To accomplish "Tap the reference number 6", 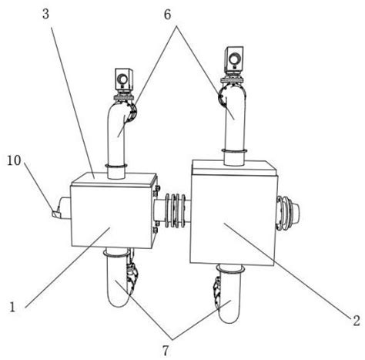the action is pos(168,15).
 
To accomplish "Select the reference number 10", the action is pos(14,161).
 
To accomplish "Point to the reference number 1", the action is pos(12,307).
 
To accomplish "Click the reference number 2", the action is pos(357,321).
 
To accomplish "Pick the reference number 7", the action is pos(166,351).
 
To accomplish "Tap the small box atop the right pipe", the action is pos(233,59).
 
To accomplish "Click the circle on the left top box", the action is pos(122,77).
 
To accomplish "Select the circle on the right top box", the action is pos(233,58).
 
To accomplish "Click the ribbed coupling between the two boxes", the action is pos(176,211).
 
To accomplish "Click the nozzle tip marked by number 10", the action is pos(55,213).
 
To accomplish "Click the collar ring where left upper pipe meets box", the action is pos(116,166).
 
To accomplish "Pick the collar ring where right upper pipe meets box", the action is pos(235,151).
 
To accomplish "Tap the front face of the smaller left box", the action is pos(110,216).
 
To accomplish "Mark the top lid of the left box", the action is pos(114,179).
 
